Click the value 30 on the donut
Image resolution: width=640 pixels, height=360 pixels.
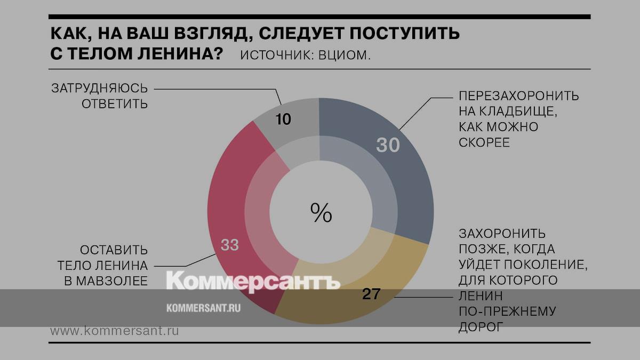point(388,145)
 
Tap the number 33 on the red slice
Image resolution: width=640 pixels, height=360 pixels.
point(229,245)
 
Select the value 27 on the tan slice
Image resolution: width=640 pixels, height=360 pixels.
point(371,294)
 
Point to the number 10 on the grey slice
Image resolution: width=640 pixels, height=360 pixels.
point(284,119)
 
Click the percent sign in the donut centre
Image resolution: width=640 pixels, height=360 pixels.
point(321,213)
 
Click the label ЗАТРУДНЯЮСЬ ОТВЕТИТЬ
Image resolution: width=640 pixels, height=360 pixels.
point(99,95)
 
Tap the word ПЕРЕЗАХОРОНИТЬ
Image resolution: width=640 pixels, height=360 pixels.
point(518,97)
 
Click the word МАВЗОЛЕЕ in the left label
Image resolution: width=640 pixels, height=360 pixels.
point(106,281)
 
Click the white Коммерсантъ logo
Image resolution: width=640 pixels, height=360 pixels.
point(253,282)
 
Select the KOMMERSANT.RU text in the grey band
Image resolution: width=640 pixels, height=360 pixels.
point(204,308)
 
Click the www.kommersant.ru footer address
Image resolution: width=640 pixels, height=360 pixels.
point(114,331)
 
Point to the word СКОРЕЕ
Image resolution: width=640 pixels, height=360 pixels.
point(484,143)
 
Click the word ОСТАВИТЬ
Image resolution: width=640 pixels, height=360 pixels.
point(114,250)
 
